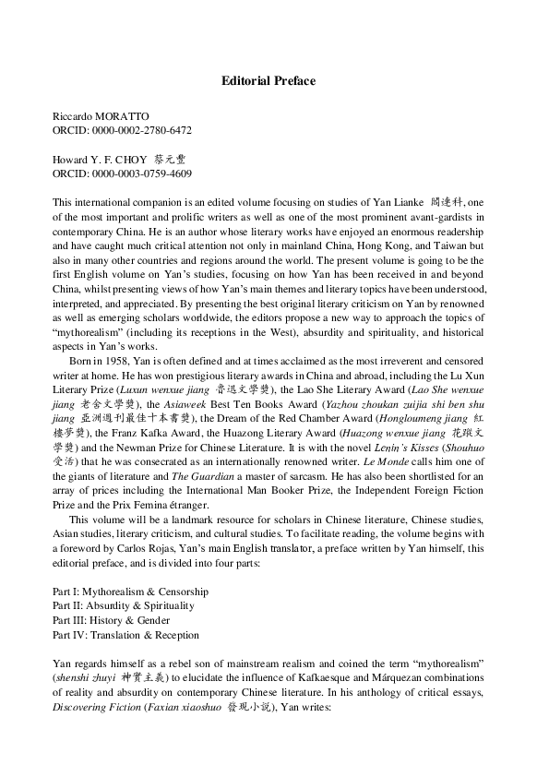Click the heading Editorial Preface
tap(268, 81)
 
